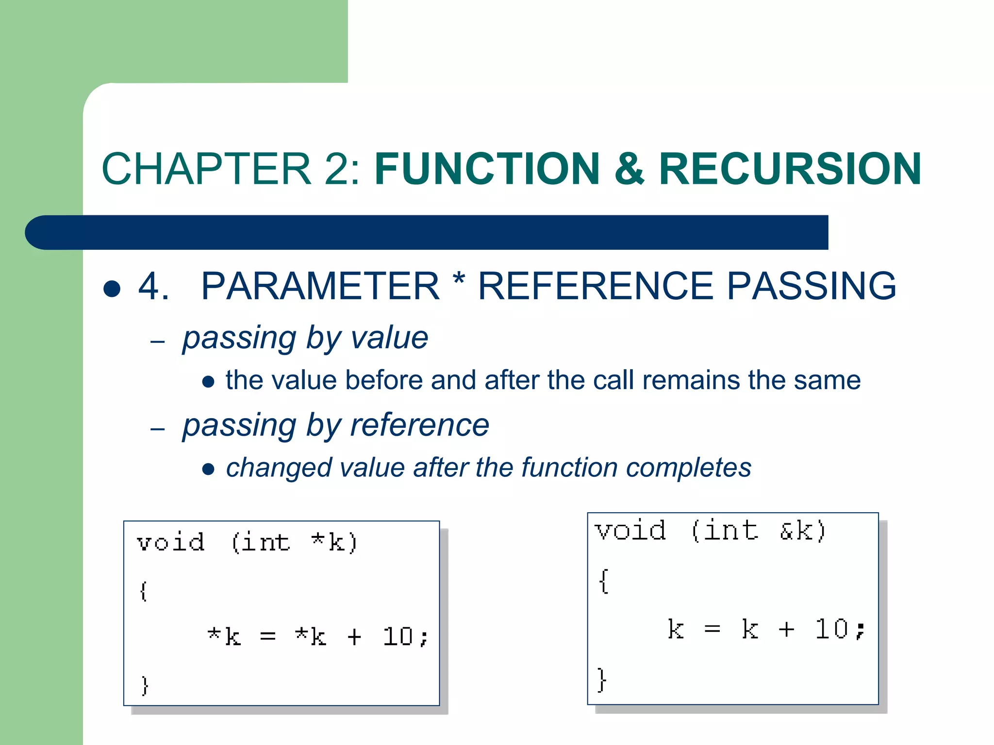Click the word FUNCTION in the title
point(487,169)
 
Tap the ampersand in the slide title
point(630,169)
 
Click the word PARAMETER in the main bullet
point(320,286)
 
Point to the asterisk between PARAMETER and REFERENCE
point(458,280)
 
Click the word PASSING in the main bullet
point(811,286)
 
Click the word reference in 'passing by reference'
point(419,425)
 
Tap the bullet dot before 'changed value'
point(208,469)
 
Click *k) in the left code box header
point(334,542)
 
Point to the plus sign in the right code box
point(786,629)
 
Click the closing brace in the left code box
point(144,685)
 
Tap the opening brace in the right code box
point(603,581)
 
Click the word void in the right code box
point(630,530)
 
